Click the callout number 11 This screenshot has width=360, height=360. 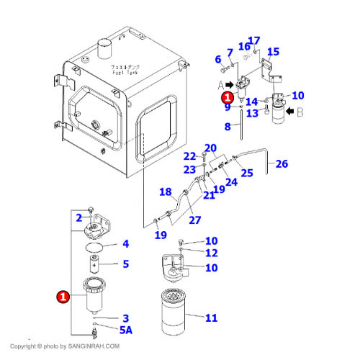point(211,318)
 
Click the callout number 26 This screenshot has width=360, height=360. point(281,163)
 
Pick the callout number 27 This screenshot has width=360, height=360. point(194,220)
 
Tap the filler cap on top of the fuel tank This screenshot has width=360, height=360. point(107,50)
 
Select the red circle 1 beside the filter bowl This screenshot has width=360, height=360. point(64,296)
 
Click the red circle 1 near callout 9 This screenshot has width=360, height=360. point(227,96)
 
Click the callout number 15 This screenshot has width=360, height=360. point(273,52)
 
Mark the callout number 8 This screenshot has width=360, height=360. point(227,127)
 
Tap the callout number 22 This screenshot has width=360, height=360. point(189,156)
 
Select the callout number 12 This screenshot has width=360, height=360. point(211,253)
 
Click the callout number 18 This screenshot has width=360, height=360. point(165,192)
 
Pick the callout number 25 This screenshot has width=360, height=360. point(247,173)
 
